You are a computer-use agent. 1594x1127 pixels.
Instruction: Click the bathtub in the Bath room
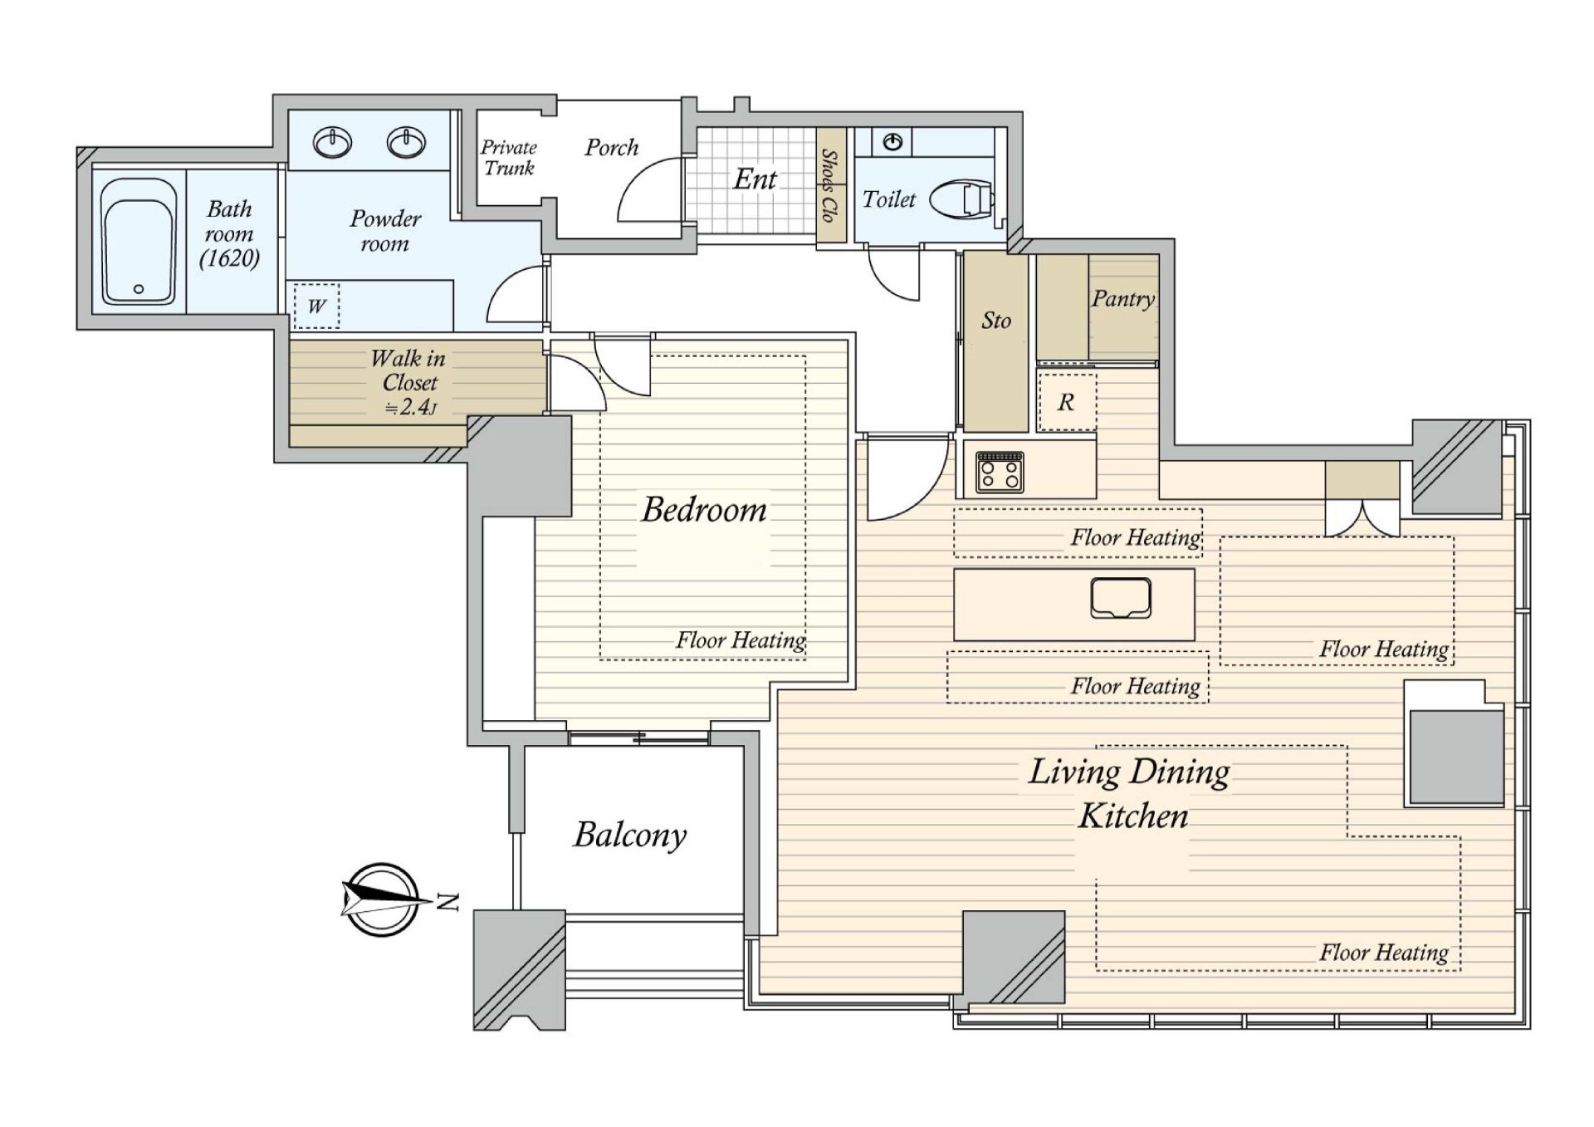point(138,242)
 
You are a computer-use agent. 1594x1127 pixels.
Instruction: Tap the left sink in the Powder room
point(332,142)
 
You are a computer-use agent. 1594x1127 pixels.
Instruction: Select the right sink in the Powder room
point(407,142)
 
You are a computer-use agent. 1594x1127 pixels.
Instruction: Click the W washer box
point(316,306)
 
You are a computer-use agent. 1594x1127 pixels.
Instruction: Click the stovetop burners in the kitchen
point(1000,472)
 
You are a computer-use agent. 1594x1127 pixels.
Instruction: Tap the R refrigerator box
point(1067,402)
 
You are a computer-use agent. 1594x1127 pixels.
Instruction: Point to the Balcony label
point(630,835)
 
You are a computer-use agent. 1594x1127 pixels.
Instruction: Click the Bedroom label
point(704,509)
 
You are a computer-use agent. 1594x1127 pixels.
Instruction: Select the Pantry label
point(1123,298)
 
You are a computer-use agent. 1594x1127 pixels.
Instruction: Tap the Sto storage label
point(996,321)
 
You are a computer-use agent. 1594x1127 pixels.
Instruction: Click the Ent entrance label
point(755,179)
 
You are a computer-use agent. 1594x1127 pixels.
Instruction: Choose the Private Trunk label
point(509,158)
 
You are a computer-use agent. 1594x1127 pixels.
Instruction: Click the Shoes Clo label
point(829,185)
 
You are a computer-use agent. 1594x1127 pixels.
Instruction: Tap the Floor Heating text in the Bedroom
point(741,640)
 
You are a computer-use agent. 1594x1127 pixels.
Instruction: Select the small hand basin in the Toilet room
point(892,142)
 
